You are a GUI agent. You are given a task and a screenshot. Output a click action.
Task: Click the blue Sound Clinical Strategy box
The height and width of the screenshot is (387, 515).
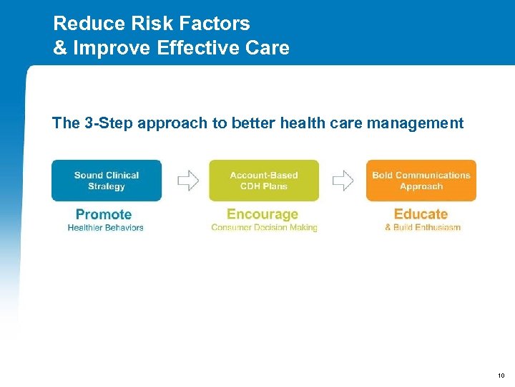(107, 181)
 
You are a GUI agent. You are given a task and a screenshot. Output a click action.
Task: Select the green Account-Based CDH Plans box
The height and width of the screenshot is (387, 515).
(264, 181)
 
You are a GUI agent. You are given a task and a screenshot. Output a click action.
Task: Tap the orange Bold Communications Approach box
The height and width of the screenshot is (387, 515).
(421, 181)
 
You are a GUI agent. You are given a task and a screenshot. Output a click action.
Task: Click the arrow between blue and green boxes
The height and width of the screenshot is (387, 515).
(187, 181)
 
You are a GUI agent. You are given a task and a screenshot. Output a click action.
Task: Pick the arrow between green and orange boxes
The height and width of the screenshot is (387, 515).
(343, 181)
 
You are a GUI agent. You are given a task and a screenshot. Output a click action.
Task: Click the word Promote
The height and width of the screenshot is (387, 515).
(104, 214)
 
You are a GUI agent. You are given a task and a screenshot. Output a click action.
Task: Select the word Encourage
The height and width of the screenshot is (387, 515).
(263, 214)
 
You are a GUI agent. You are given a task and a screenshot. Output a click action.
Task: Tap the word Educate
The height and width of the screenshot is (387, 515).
(421, 214)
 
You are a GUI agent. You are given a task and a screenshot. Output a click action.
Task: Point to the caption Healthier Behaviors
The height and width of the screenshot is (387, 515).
(105, 228)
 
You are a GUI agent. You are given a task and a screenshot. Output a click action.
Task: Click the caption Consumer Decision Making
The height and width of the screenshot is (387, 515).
(264, 228)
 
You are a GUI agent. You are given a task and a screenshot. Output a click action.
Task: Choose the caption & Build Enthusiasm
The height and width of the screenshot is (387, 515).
(422, 228)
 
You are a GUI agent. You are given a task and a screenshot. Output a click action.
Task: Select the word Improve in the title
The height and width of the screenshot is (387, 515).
(104, 48)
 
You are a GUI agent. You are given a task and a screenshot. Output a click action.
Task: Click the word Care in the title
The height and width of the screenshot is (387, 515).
(268, 48)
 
